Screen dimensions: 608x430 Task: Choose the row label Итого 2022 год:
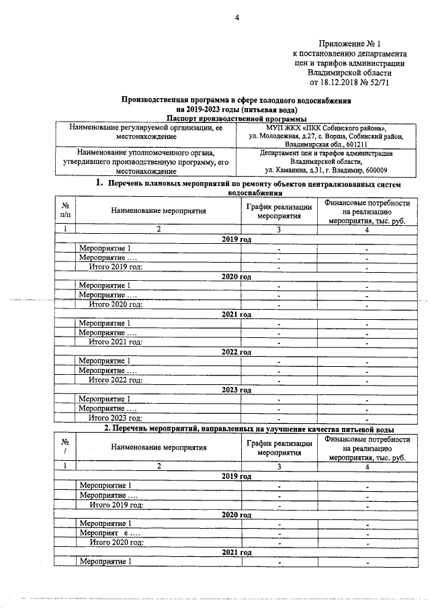pyautogui.click(x=116, y=380)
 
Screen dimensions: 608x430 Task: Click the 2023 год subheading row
pyautogui.click(x=236, y=390)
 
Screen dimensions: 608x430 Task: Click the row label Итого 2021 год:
pyautogui.click(x=116, y=342)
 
